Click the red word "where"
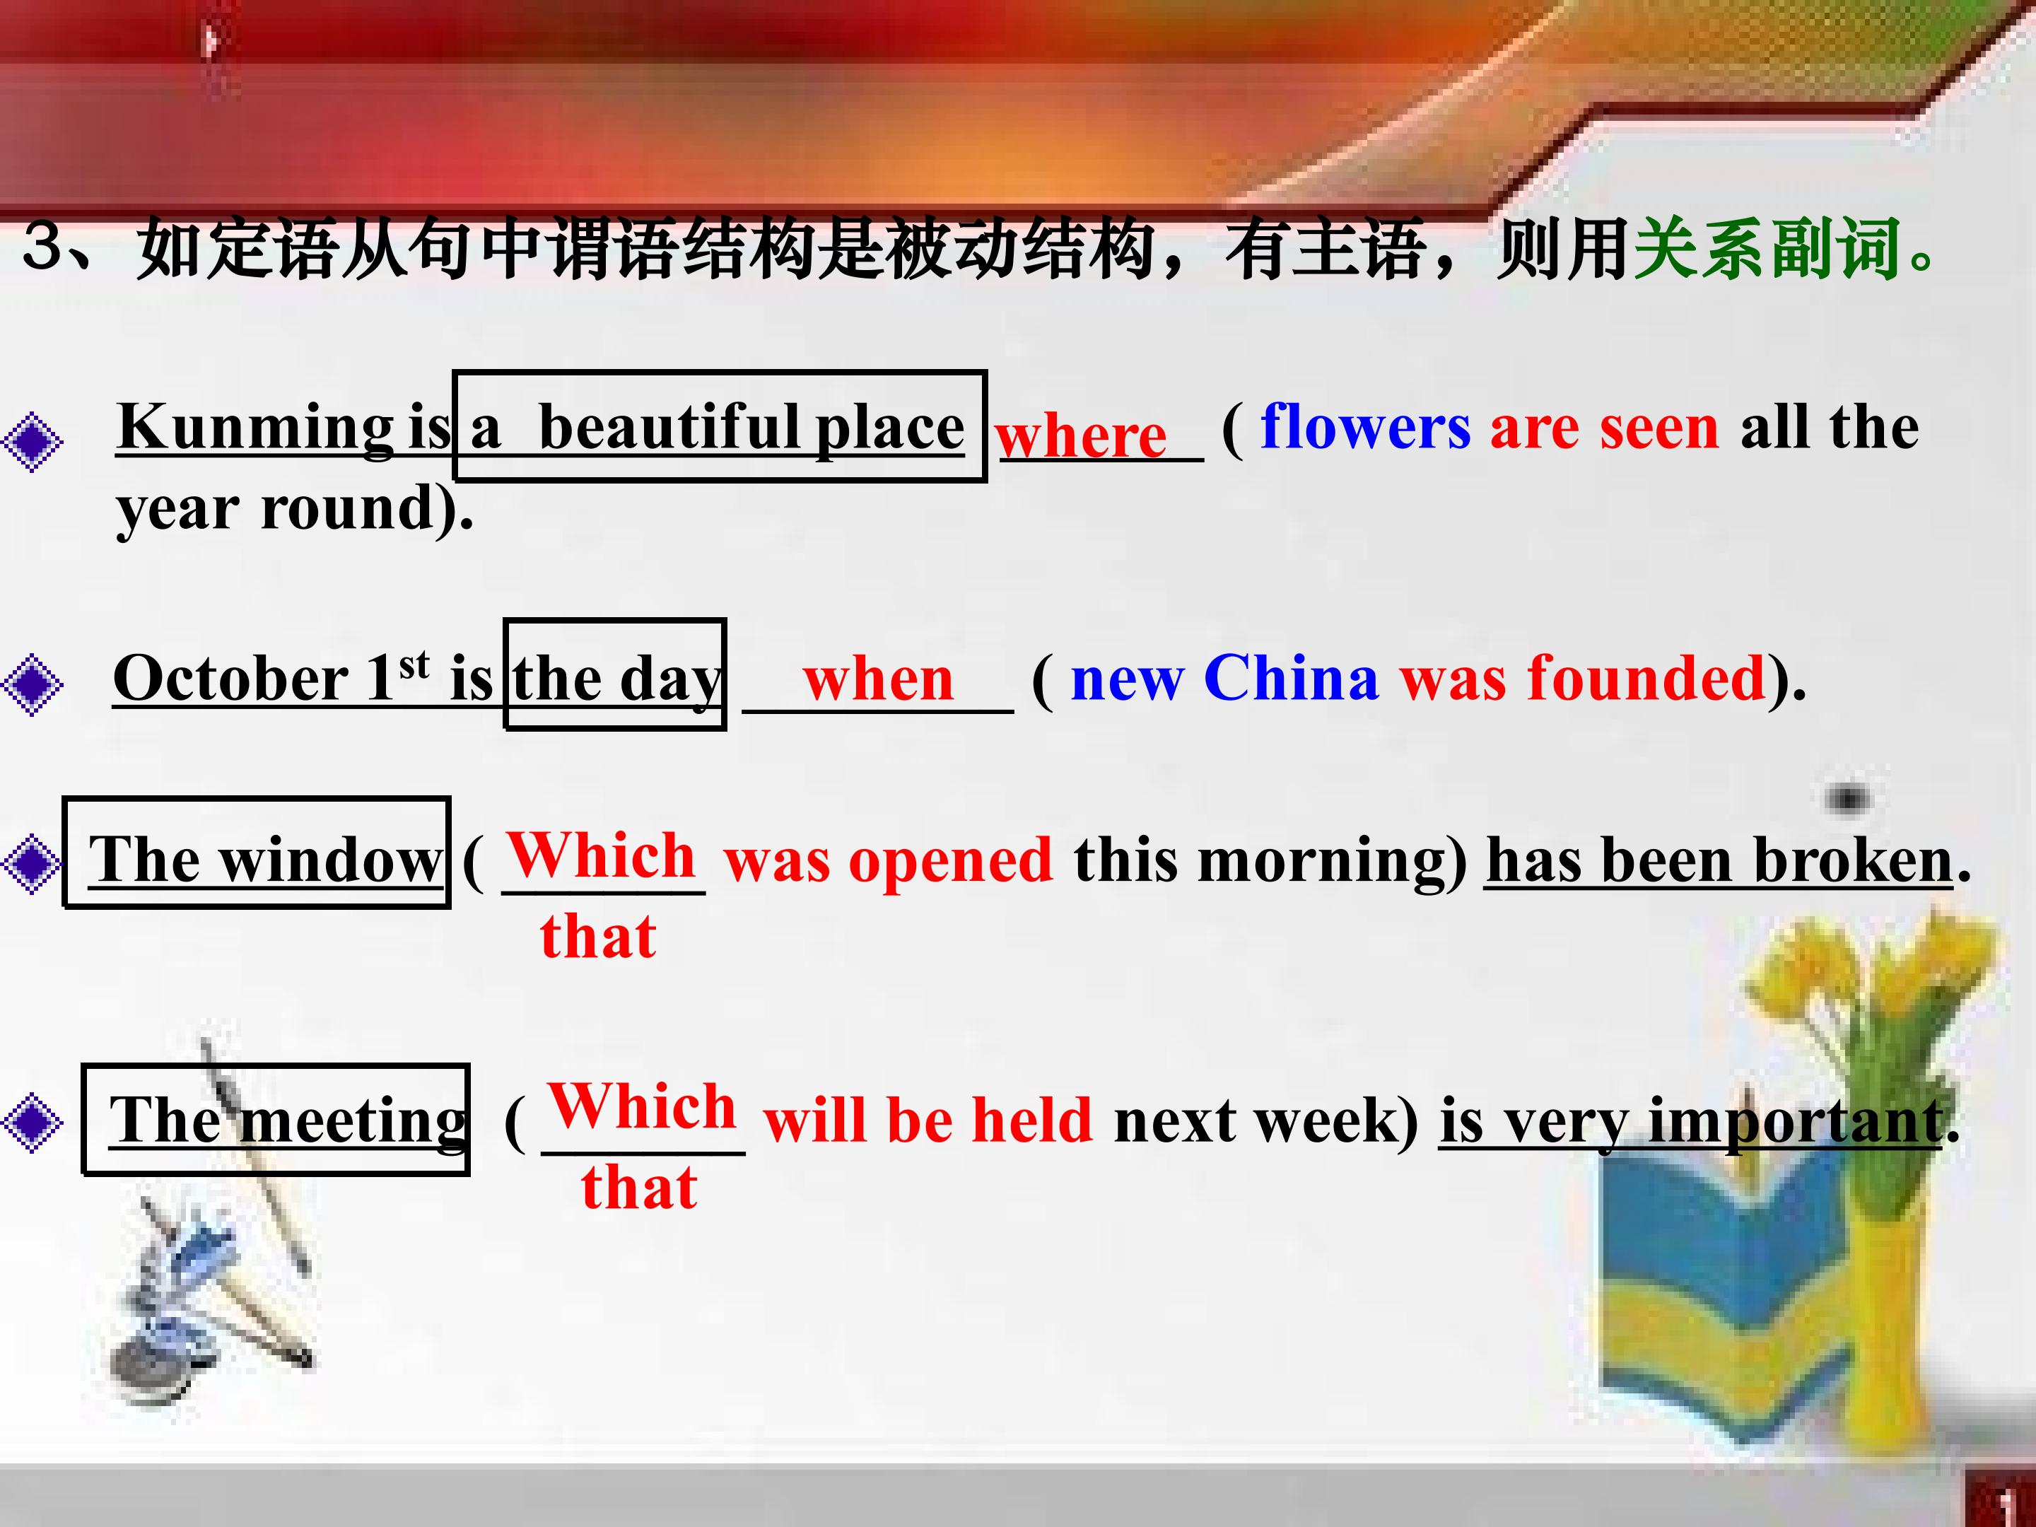(1081, 435)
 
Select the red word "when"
(878, 679)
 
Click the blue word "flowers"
(1366, 427)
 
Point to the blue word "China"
(1292, 679)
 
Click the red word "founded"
(1646, 679)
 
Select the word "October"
(230, 679)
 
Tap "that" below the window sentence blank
(598, 936)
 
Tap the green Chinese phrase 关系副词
(1767, 250)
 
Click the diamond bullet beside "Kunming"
(33, 442)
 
